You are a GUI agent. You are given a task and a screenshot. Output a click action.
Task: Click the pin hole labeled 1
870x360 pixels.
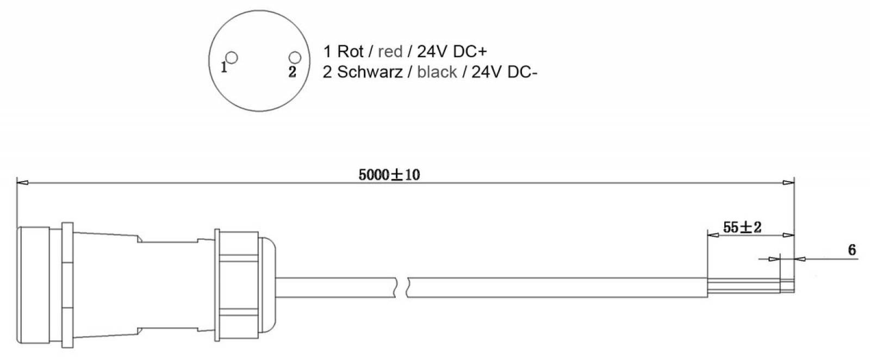pyautogui.click(x=232, y=58)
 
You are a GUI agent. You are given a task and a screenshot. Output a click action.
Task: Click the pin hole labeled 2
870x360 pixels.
pyautogui.click(x=295, y=58)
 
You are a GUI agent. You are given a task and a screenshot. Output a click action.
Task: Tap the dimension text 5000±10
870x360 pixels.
pyautogui.click(x=389, y=175)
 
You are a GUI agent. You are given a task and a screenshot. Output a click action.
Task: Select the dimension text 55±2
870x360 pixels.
pyautogui.click(x=742, y=227)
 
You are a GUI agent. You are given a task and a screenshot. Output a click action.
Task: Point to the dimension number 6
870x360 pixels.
pyautogui.click(x=852, y=250)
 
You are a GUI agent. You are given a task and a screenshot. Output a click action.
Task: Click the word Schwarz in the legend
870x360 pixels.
pyautogui.click(x=369, y=72)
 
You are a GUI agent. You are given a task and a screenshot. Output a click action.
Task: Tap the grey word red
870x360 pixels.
pyautogui.click(x=390, y=52)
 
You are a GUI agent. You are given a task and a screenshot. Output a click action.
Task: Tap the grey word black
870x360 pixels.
pyautogui.click(x=437, y=72)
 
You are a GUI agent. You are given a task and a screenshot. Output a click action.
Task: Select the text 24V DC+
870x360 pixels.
pyautogui.click(x=452, y=51)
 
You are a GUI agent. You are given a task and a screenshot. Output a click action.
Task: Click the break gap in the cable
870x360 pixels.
pyautogui.click(x=401, y=288)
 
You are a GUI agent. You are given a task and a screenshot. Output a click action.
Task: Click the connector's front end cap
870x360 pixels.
pyautogui.click(x=33, y=285)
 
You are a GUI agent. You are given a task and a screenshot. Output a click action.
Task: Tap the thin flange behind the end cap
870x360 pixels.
pyautogui.click(x=67, y=285)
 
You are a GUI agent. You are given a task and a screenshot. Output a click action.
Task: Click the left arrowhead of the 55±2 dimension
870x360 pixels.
pyautogui.click(x=713, y=235)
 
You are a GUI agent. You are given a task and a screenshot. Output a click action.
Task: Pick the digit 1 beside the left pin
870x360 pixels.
pyautogui.click(x=223, y=67)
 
